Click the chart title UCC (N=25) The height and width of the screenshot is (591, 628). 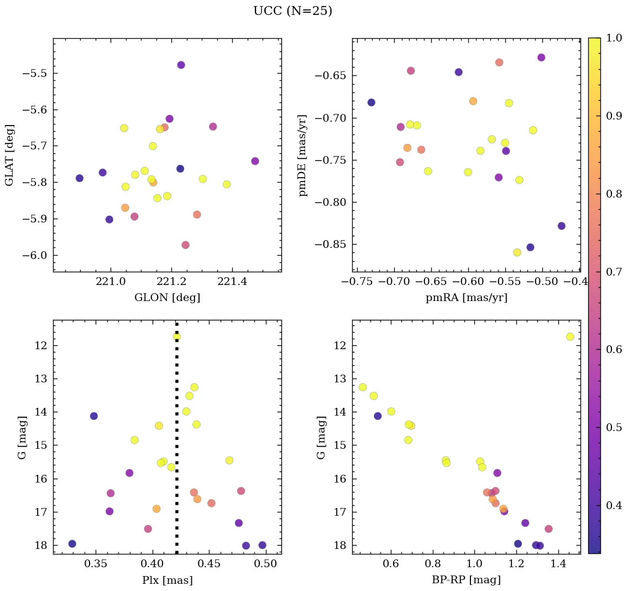click(292, 11)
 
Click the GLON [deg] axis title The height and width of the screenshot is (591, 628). click(167, 298)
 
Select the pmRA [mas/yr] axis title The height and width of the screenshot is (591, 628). click(466, 298)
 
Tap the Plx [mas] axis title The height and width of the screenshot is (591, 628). click(167, 580)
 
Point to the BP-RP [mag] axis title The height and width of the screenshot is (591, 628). click(466, 580)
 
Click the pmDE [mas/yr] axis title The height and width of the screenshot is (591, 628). click(303, 155)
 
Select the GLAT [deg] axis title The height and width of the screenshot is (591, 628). click(9, 155)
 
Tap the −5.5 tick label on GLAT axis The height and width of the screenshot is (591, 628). click(34, 74)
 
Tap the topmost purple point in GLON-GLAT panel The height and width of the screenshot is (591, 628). click(181, 65)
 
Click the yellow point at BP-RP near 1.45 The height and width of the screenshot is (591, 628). click(570, 336)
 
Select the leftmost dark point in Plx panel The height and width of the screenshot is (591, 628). click(72, 543)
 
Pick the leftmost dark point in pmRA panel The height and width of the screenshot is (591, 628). click(371, 102)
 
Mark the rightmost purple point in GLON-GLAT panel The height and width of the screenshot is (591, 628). click(255, 161)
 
